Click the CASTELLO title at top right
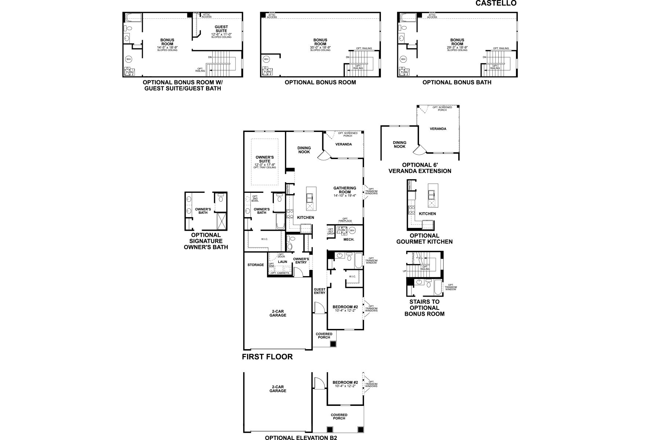click(x=496, y=3)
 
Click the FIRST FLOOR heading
click(x=267, y=357)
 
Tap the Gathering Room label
click(x=345, y=190)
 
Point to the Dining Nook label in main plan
click(x=304, y=150)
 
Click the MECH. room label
click(x=349, y=239)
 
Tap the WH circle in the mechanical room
click(x=352, y=230)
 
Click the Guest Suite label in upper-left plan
click(x=221, y=29)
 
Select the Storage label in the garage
click(x=256, y=265)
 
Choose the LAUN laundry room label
click(x=282, y=262)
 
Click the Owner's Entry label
click(x=301, y=260)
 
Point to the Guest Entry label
click(x=319, y=291)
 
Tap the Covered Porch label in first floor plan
click(x=324, y=335)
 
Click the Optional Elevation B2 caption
click(x=301, y=437)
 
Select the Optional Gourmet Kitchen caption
click(x=424, y=239)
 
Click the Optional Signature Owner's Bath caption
click(x=206, y=241)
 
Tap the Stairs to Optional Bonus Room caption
click(x=424, y=308)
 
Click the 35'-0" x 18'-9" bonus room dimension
click(x=320, y=48)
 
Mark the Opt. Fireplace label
click(x=345, y=220)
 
